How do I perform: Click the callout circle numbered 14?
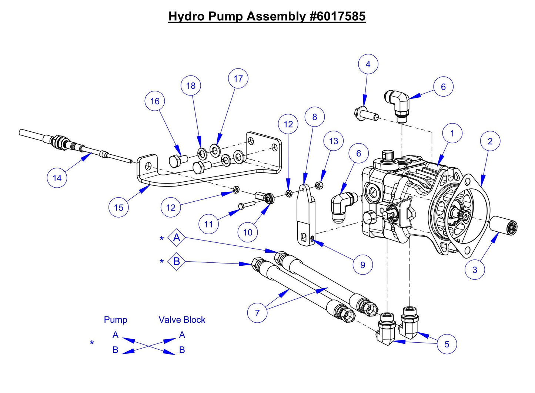point(57,178)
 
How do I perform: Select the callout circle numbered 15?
point(118,207)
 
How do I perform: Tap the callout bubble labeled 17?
point(238,78)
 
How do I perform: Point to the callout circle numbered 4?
point(368,64)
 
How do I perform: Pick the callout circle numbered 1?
point(452,133)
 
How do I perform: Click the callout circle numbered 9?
point(362,265)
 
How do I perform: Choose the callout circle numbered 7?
point(257,313)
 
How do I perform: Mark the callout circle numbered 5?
point(447,344)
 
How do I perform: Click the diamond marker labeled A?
point(177,238)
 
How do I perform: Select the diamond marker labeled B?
point(177,261)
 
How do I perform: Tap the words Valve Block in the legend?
point(182,320)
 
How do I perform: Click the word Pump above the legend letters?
point(116,320)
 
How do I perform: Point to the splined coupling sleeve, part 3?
point(504,225)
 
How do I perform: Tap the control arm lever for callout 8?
point(306,215)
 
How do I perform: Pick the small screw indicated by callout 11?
point(246,205)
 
